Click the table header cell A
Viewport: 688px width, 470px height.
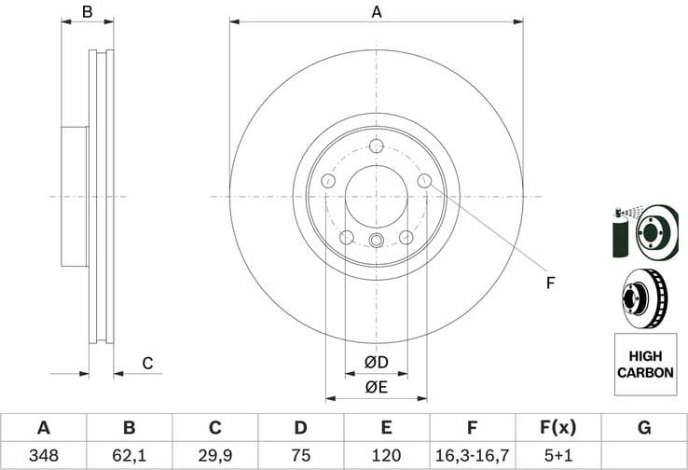43,428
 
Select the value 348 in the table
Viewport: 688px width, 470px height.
43,455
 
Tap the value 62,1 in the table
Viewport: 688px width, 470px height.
129,455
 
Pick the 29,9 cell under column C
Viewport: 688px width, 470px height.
214,455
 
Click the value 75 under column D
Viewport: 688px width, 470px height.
300,455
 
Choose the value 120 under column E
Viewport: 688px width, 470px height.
386,455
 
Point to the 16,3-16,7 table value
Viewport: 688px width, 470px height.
472,455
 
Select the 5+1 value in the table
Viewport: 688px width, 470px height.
557,455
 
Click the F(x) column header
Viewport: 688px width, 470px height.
557,428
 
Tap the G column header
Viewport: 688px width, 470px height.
643,428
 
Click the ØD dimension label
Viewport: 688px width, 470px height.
376,362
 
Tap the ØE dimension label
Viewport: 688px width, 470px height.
376,387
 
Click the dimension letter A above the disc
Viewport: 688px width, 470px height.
377,12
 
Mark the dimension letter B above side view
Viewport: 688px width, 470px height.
87,12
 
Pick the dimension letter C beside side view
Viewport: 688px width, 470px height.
146,364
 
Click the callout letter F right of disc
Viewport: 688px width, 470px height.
550,283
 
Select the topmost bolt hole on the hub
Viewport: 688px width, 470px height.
377,146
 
